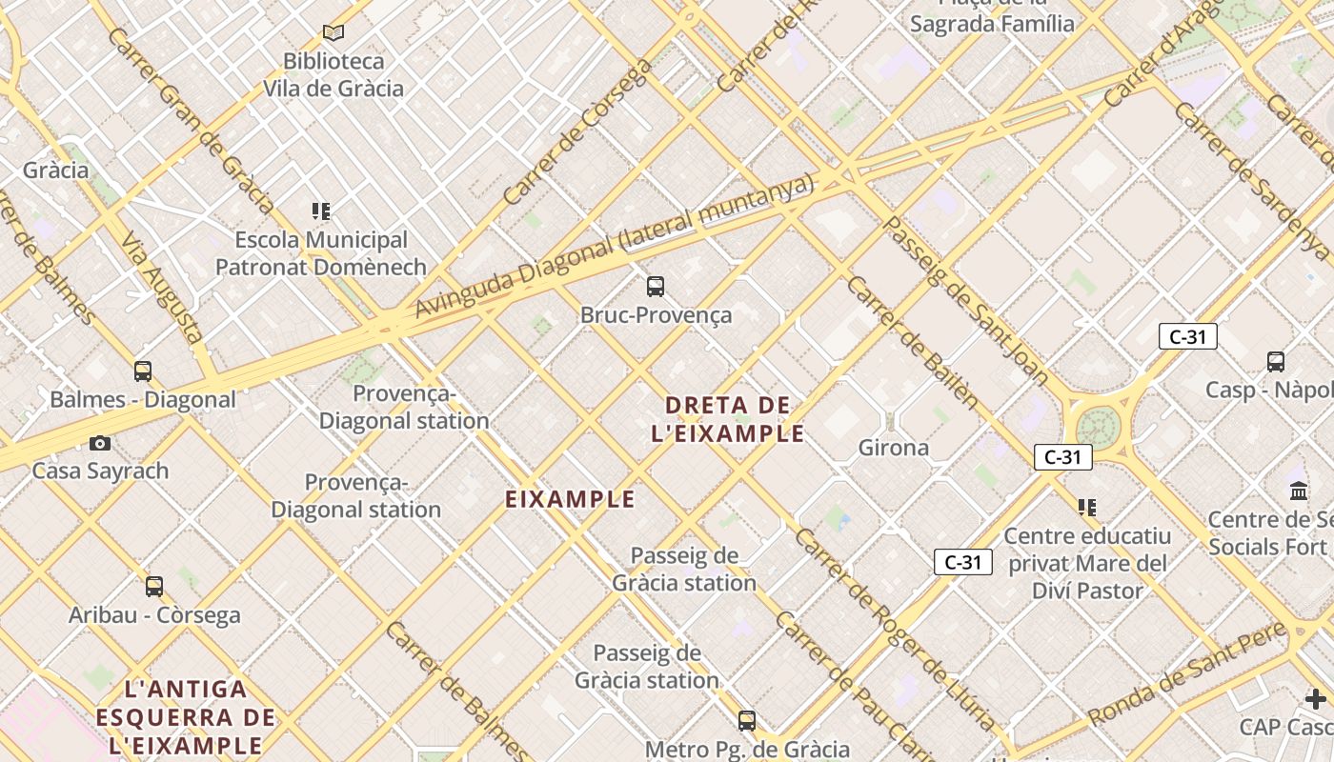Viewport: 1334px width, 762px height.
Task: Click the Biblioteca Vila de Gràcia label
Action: pyautogui.click(x=333, y=75)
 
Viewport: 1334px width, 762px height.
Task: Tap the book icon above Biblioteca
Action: pyautogui.click(x=333, y=33)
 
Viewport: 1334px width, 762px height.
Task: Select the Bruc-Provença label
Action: pyautogui.click(x=656, y=315)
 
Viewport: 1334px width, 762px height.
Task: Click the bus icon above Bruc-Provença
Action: pyautogui.click(x=655, y=286)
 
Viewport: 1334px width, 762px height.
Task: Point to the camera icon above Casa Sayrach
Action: pyautogui.click(x=100, y=443)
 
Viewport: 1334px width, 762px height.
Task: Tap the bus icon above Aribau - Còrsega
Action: pyautogui.click(x=154, y=587)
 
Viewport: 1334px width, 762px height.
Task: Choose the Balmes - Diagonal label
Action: pyautogui.click(x=143, y=400)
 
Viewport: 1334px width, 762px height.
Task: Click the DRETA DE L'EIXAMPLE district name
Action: pyautogui.click(x=728, y=419)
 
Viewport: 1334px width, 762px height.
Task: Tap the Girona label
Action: pyautogui.click(x=893, y=448)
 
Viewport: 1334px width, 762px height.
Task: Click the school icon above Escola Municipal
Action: pyautogui.click(x=321, y=211)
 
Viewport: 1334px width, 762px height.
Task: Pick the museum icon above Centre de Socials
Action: pyautogui.click(x=1299, y=491)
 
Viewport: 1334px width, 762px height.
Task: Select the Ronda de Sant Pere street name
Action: pyautogui.click(x=1186, y=675)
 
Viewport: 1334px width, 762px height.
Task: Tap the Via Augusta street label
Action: pyautogui.click(x=161, y=287)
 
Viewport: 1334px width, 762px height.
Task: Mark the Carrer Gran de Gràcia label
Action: pyautogui.click(x=191, y=119)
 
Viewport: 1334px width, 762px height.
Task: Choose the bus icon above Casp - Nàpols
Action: pyautogui.click(x=1276, y=362)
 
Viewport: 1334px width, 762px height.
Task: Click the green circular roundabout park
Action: pyautogui.click(x=1098, y=427)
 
